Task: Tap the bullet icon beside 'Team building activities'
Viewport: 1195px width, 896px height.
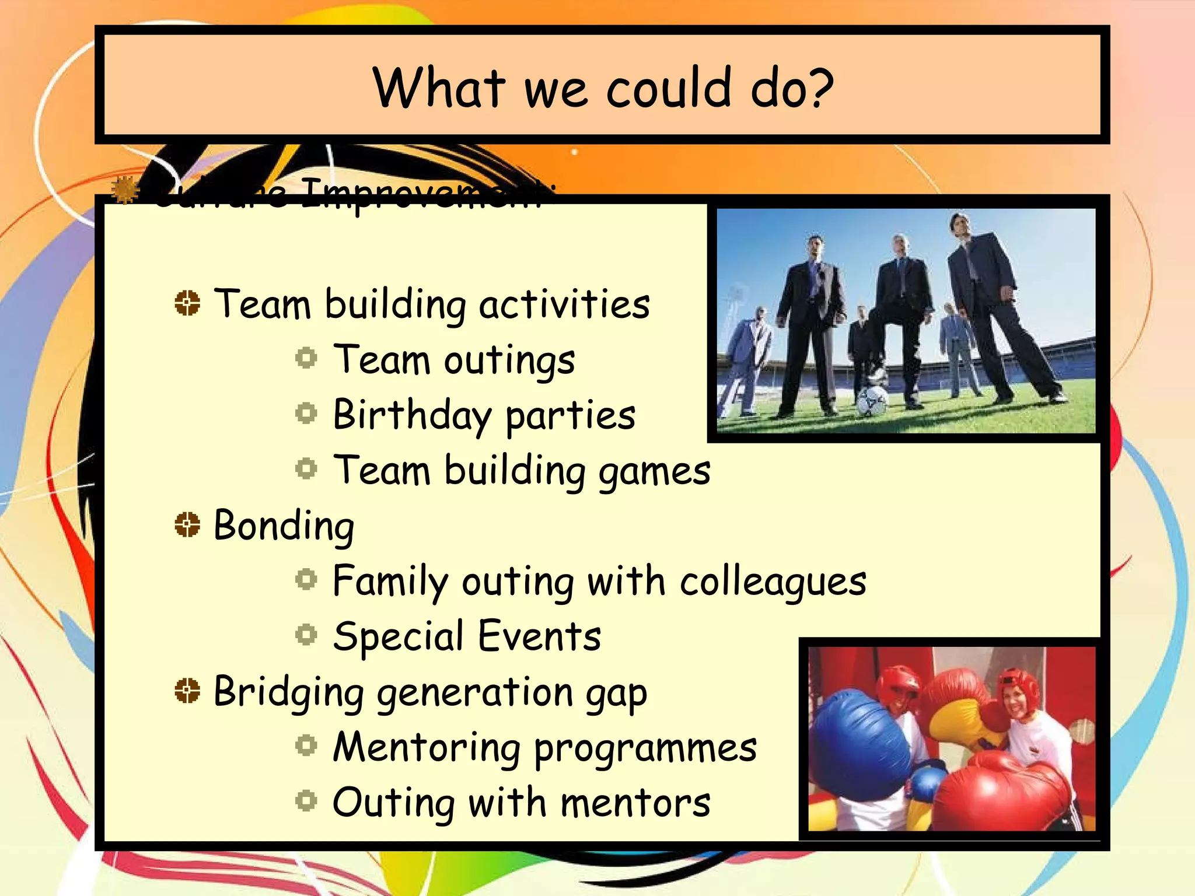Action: (x=187, y=303)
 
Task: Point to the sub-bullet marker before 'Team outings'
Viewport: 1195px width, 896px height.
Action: (x=306, y=358)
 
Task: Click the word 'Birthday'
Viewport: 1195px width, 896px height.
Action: (x=412, y=416)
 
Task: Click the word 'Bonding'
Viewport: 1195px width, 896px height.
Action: (x=284, y=526)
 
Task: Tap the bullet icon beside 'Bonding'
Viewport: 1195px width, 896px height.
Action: (x=187, y=524)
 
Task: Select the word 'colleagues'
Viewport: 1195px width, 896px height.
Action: (x=773, y=582)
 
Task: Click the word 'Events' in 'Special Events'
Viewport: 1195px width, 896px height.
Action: (x=540, y=636)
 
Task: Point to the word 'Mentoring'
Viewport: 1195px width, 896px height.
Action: (x=426, y=747)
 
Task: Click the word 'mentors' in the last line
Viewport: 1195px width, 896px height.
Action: (x=635, y=803)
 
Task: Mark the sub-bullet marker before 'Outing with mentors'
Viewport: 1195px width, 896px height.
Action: (x=306, y=800)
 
